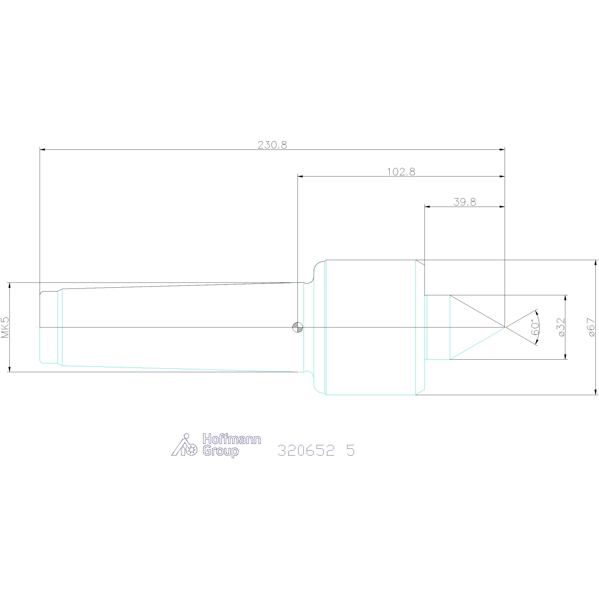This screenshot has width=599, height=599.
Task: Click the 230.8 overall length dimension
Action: coord(272,145)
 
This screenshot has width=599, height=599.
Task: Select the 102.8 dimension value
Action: coord(401,172)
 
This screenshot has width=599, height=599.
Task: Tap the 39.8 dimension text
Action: coord(464,202)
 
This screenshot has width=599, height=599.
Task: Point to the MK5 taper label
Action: coord(5,327)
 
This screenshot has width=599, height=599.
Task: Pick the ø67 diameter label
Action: coord(591,327)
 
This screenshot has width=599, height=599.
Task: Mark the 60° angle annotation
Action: coord(535,327)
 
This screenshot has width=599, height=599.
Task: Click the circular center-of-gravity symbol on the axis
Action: coord(298,327)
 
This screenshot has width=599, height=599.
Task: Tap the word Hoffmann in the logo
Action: coord(232,439)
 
